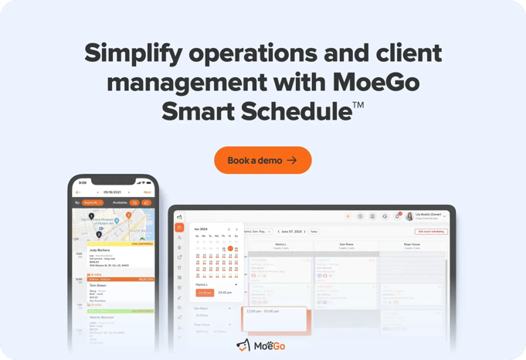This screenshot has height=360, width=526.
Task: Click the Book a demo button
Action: coord(263,160)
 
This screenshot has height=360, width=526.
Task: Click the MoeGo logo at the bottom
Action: coord(261,345)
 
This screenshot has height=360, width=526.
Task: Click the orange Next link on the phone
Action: coord(147,192)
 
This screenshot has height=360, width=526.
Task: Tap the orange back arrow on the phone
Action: coord(78,192)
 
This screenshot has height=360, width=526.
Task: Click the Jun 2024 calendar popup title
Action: coord(201,229)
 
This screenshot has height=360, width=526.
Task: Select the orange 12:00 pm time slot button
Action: coord(205,293)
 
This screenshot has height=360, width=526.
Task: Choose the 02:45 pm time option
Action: coord(225,293)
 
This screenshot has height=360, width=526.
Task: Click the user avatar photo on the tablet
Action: coord(409,216)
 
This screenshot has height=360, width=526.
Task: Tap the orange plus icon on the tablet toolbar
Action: coord(348,216)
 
